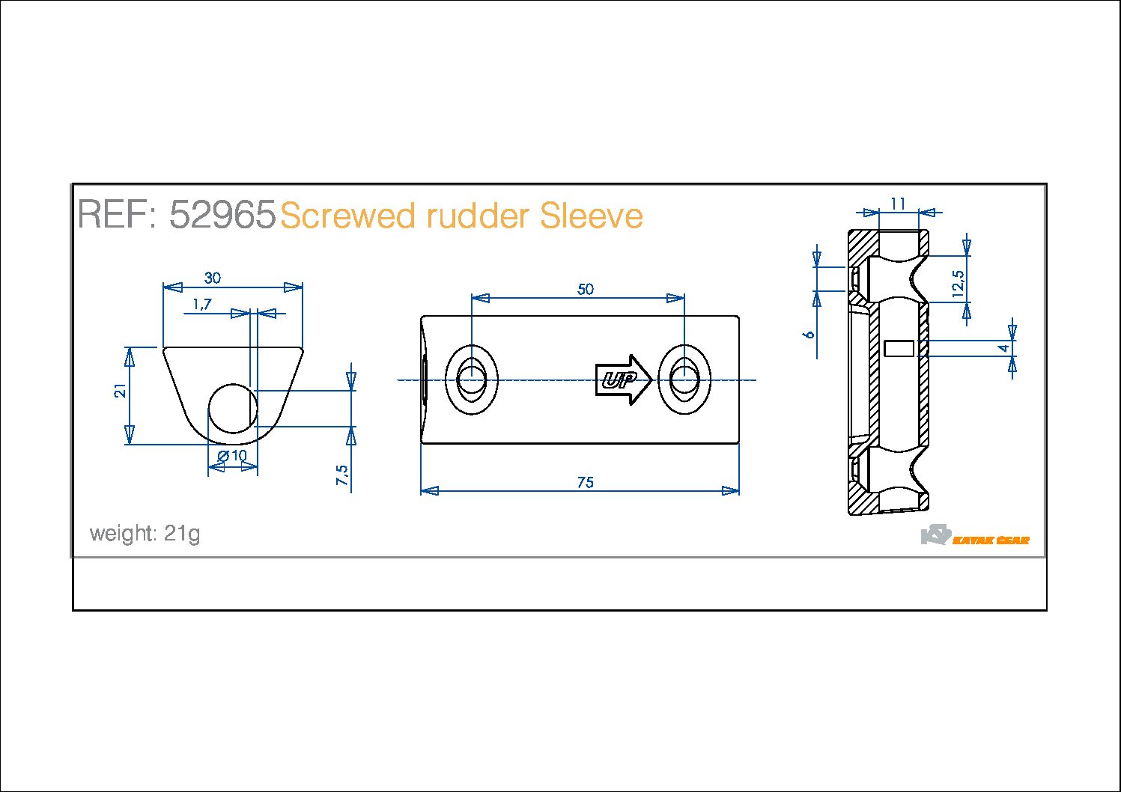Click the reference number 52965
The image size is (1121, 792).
click(222, 215)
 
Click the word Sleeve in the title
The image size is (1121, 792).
click(591, 216)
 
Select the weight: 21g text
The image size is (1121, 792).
click(145, 534)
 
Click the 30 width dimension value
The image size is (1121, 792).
click(213, 278)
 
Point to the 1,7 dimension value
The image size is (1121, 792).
click(202, 304)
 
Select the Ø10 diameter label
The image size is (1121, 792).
click(232, 456)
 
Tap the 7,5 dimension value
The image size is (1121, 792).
click(342, 475)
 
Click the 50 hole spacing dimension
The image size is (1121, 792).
click(586, 289)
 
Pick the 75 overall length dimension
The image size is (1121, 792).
click(586, 483)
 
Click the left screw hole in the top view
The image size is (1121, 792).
click(472, 380)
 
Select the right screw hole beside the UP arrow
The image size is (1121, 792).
click(684, 380)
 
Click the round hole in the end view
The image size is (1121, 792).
click(233, 409)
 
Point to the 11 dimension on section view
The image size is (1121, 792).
click(899, 204)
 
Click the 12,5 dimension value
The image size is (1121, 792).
click(959, 284)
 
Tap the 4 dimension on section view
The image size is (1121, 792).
click(1004, 348)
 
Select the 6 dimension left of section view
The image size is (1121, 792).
click(809, 334)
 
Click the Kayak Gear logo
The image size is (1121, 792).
click(975, 536)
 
